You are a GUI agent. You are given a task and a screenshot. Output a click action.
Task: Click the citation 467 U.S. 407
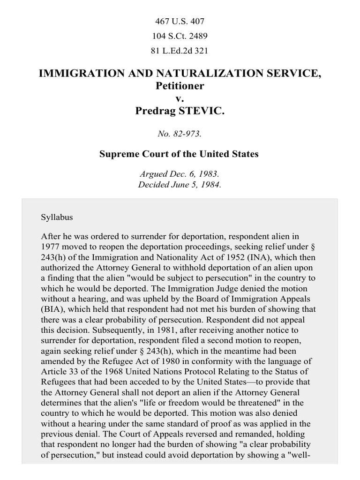click(180, 21)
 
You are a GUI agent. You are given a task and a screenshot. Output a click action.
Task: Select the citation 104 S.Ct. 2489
click(180, 36)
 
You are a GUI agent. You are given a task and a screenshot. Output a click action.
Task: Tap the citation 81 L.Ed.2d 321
click(180, 51)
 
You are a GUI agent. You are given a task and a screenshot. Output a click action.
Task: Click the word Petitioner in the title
click(180, 86)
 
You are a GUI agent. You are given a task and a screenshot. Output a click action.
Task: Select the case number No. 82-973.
click(180, 134)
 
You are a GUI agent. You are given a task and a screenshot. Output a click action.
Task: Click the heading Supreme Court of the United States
click(180, 154)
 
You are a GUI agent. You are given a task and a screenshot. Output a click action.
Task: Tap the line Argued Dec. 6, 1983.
click(180, 174)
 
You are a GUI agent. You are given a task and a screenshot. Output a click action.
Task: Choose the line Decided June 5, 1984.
click(180, 185)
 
